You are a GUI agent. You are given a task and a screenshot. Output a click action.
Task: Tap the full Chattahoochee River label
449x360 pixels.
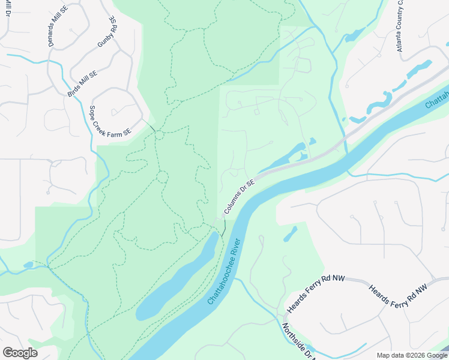point(224,271)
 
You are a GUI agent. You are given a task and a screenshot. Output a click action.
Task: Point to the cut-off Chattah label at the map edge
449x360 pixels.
point(437,97)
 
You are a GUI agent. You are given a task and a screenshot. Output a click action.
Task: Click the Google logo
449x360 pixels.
point(20,353)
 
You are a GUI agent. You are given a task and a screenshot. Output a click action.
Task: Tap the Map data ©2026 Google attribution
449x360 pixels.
point(411,355)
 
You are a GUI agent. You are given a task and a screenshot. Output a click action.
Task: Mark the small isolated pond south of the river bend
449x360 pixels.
point(290,234)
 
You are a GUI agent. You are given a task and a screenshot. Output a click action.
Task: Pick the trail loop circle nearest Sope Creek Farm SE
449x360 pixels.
point(159,135)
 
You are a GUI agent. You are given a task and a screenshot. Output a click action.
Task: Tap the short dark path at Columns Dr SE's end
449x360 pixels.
point(223,227)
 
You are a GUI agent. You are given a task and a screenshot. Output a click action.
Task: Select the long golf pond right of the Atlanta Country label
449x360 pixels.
point(420,70)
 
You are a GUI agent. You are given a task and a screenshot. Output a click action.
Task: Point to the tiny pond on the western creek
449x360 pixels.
point(28,265)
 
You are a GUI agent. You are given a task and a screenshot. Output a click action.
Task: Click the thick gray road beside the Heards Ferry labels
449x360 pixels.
point(360,281)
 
